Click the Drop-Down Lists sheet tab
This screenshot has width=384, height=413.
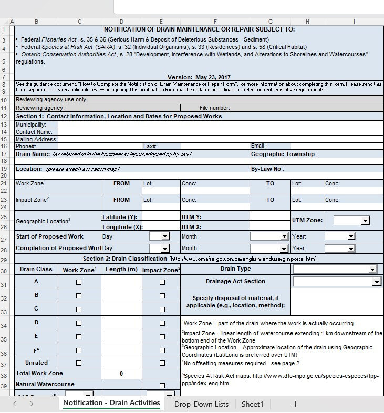click(x=201, y=404)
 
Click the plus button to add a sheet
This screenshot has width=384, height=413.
click(x=295, y=404)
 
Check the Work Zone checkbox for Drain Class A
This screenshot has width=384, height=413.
click(x=79, y=282)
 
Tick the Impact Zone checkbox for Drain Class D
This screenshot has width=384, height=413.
click(x=162, y=323)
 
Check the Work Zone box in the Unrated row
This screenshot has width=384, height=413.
click(x=79, y=363)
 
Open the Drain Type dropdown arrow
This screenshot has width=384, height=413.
click(x=373, y=269)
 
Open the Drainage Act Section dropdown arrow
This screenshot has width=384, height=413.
click(x=376, y=282)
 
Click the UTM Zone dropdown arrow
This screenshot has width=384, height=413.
click(x=365, y=221)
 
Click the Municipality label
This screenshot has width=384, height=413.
click(x=31, y=125)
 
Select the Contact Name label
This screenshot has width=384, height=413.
click(x=34, y=132)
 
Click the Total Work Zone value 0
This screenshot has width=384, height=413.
click(x=121, y=374)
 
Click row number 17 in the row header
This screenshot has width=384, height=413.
click(x=4, y=154)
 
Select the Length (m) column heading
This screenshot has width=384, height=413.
click(x=121, y=269)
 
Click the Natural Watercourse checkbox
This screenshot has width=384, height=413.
click(x=162, y=386)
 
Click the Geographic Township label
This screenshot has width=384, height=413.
click(x=283, y=154)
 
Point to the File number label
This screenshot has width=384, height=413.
click(x=214, y=108)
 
